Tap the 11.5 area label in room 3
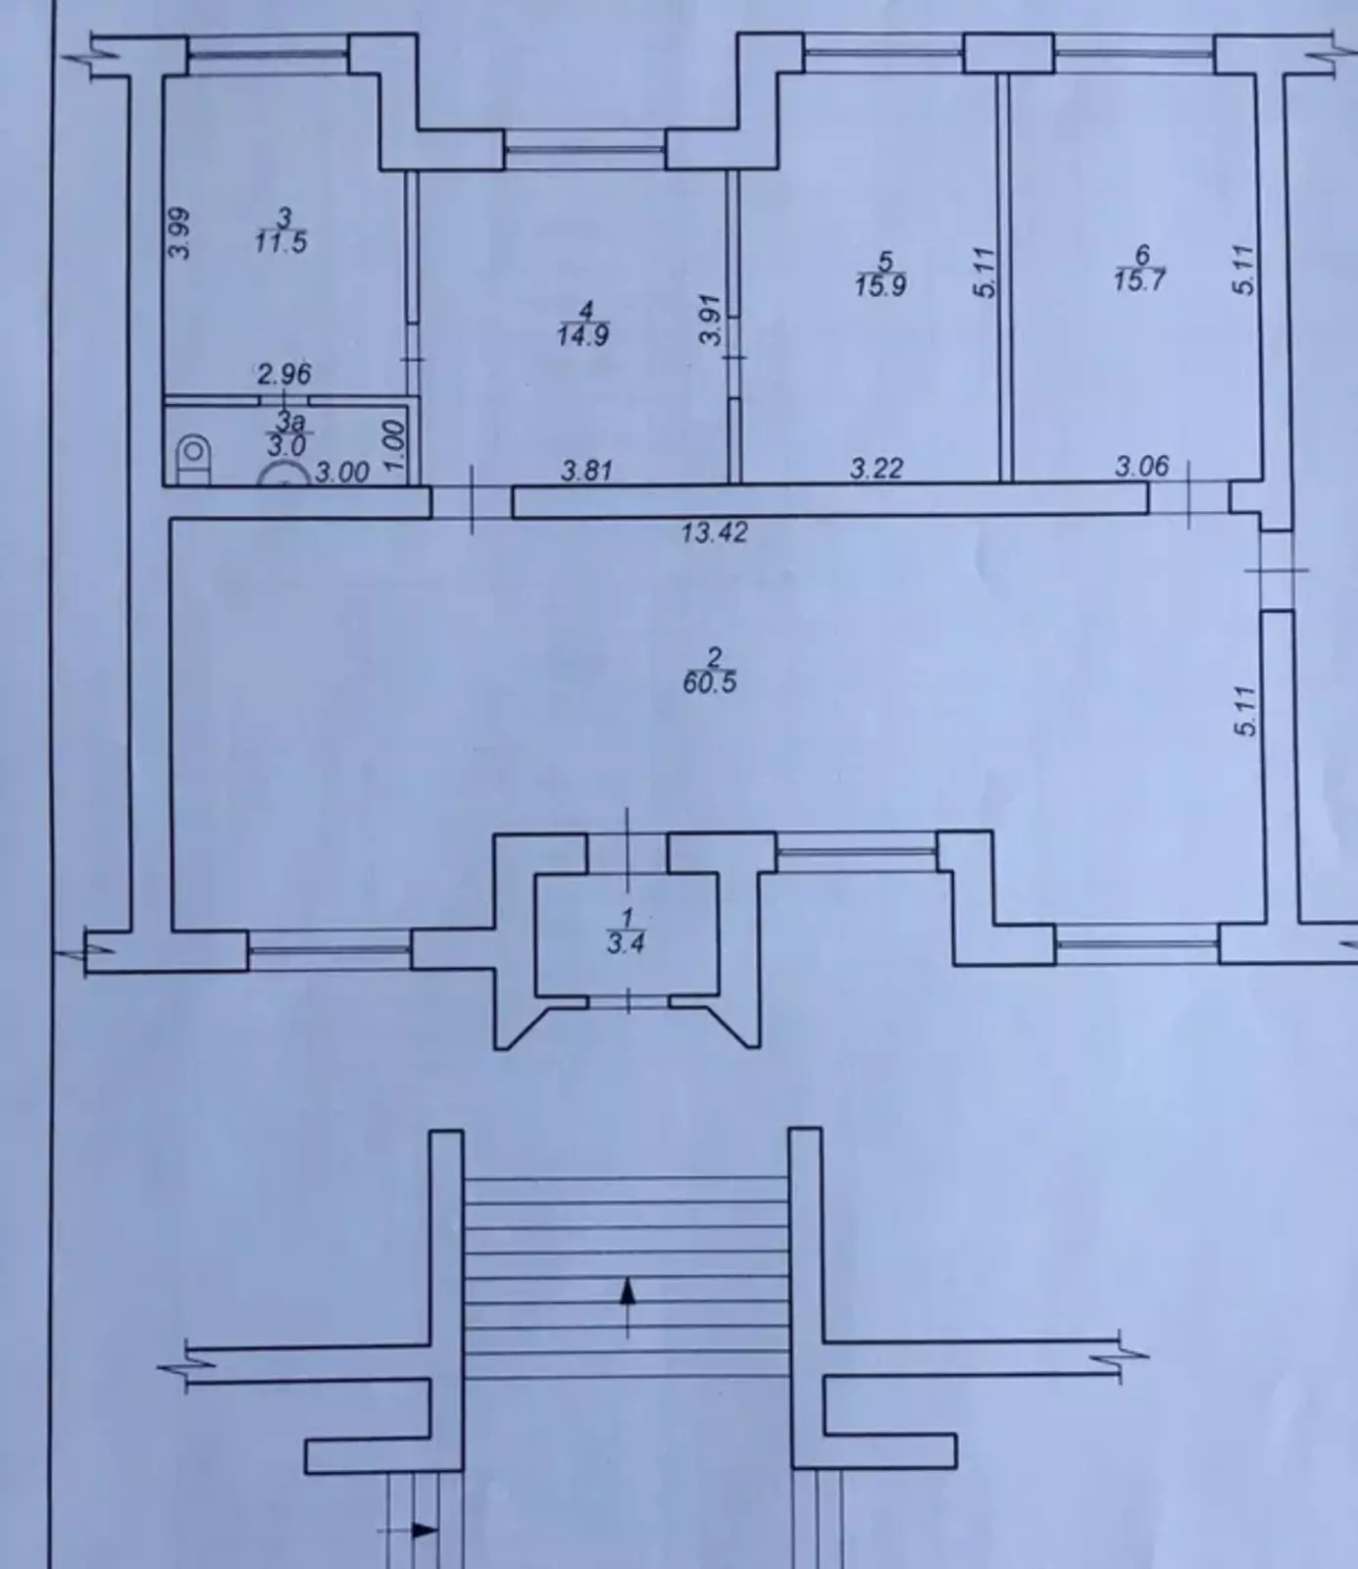click(281, 242)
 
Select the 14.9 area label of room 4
click(584, 335)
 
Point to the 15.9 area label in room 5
click(880, 286)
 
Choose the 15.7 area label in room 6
click(1140, 281)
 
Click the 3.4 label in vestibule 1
click(626, 944)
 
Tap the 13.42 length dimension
click(715, 532)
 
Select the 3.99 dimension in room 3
click(179, 233)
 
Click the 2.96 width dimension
click(284, 374)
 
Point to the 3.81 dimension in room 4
click(586, 471)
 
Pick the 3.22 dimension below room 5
click(876, 469)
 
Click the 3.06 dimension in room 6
click(1142, 466)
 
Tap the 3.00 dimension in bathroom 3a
click(342, 473)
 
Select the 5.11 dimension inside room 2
click(1245, 712)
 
